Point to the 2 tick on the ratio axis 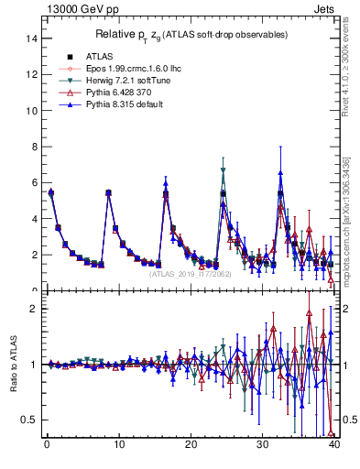click(x=34, y=309)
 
